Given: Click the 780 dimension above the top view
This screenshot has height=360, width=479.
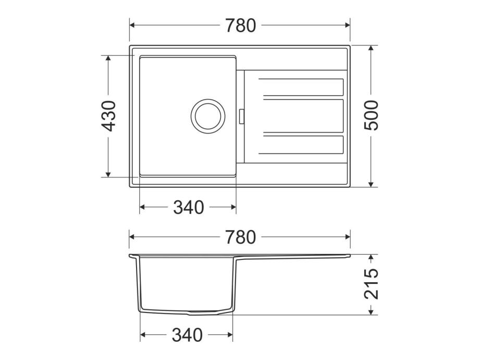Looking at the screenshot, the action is [240, 26].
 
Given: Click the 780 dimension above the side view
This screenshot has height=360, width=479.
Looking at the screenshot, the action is [240, 237].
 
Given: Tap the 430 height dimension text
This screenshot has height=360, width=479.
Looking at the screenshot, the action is [109, 116].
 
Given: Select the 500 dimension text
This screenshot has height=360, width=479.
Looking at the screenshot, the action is [371, 115].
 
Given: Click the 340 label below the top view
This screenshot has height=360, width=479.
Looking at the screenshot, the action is [189, 207].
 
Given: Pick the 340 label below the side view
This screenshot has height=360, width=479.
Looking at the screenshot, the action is [187, 335].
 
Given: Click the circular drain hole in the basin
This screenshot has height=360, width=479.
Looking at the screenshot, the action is [208, 116].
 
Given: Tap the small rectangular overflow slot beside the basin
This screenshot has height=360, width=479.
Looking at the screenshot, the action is [242, 116].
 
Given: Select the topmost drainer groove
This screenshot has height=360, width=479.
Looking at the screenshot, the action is [301, 87].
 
